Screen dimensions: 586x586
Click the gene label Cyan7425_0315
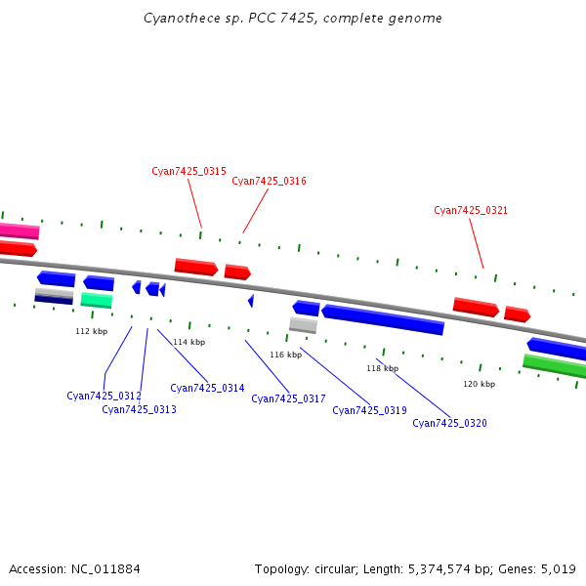point(188,171)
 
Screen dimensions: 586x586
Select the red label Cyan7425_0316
point(269,181)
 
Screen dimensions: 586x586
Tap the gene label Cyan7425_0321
point(471,210)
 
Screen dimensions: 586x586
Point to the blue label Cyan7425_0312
point(104,396)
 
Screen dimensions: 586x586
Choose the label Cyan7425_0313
point(139,409)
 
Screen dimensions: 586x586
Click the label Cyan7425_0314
point(207,388)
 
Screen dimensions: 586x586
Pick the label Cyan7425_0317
point(288,398)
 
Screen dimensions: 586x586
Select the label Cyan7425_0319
point(369,410)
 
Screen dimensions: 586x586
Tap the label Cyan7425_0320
point(449,423)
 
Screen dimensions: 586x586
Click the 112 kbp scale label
point(92,331)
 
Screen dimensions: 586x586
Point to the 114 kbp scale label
point(189,342)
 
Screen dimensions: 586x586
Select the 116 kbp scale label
point(286,355)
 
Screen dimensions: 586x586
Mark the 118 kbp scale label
point(383,368)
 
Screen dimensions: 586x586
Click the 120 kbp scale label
point(479,384)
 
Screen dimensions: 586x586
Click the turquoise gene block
point(97,300)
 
